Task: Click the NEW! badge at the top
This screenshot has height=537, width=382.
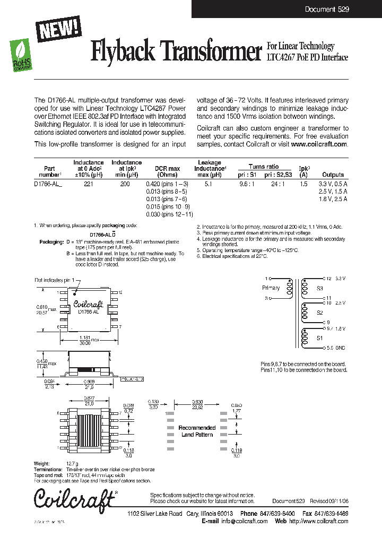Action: coord(58,28)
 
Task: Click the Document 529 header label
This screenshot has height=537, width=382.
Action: coord(327,10)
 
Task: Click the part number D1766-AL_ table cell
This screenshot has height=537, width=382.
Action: coord(48,184)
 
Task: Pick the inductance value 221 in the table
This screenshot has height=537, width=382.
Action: coord(88,184)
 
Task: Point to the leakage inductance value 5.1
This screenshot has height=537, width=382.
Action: coord(209,184)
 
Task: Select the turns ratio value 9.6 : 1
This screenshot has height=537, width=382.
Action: coord(248,184)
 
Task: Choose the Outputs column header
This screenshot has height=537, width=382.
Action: coord(333,175)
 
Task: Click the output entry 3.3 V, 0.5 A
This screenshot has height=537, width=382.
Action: coord(333,184)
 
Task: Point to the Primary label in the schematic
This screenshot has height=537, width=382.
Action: coord(271,288)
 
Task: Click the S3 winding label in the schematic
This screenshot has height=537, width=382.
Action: coord(319,288)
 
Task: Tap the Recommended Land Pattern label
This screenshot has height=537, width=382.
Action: coord(197,431)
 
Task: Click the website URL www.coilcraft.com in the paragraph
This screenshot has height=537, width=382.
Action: coord(319,144)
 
